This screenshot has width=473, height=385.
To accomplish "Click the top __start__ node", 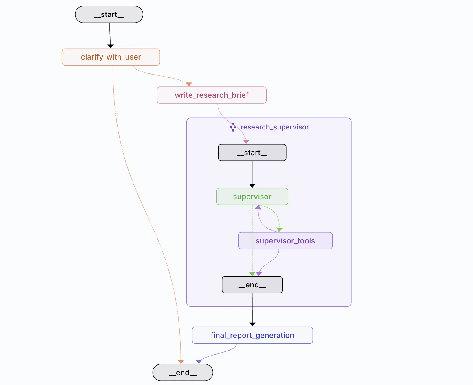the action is (x=109, y=14).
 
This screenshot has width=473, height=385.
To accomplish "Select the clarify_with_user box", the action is (x=111, y=57).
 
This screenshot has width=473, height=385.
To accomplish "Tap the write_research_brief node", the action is (x=212, y=95).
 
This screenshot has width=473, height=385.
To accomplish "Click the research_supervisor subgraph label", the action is (x=275, y=127).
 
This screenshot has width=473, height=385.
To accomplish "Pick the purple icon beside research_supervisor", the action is (x=233, y=127).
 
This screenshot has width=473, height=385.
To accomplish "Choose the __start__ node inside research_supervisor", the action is (x=252, y=152).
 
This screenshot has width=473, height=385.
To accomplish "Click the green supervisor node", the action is (x=252, y=197).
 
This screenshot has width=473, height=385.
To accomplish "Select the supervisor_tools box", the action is (x=285, y=241).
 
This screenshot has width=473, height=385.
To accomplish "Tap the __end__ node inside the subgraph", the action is (x=252, y=285).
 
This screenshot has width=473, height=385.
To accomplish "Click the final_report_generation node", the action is (x=252, y=335).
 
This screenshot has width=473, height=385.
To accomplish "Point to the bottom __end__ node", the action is (x=183, y=373).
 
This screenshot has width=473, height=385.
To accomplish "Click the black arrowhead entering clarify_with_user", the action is (x=111, y=46).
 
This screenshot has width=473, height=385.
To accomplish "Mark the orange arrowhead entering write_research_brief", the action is (x=189, y=84).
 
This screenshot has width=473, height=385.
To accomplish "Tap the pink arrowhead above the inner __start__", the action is (x=246, y=142).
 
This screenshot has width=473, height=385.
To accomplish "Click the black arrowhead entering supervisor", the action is (x=252, y=186).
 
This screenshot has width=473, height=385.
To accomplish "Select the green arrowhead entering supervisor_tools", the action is (x=279, y=230).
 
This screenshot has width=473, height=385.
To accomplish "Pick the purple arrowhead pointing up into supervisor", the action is (x=258, y=207).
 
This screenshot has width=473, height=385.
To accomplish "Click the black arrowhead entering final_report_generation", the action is (x=252, y=325).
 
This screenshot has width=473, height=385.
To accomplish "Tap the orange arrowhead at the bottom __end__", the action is (x=181, y=362).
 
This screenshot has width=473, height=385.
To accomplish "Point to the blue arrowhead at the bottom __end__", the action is (x=199, y=362).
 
